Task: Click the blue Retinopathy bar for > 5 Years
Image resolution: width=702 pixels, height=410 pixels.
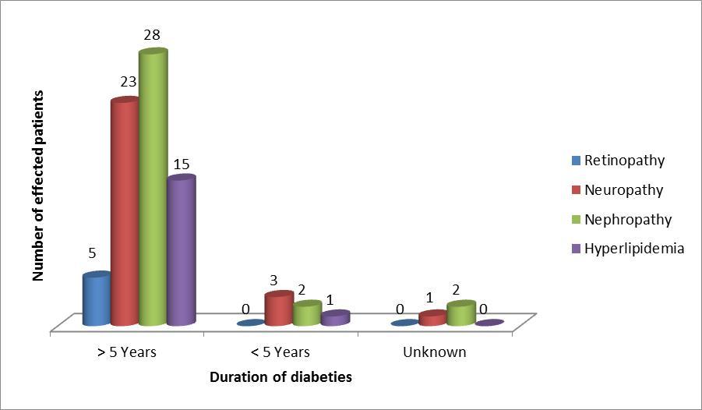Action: click(x=97, y=299)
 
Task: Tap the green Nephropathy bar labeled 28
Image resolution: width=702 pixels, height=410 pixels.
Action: click(x=153, y=187)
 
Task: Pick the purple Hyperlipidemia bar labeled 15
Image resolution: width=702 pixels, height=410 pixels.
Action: click(x=181, y=250)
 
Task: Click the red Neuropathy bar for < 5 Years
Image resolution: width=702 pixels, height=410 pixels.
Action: click(x=279, y=309)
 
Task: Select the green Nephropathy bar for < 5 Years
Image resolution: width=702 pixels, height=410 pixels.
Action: click(x=307, y=313)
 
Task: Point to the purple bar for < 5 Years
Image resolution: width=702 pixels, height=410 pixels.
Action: click(x=335, y=318)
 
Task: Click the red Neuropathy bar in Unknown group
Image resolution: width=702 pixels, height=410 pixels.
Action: click(x=432, y=318)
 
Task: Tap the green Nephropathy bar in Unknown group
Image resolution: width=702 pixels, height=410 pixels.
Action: click(x=460, y=313)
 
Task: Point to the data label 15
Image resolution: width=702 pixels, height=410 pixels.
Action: click(x=181, y=164)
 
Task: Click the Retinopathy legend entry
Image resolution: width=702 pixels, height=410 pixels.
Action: click(x=624, y=161)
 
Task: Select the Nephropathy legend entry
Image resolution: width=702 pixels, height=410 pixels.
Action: click(x=627, y=219)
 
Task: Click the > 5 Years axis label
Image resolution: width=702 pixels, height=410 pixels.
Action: click(x=127, y=352)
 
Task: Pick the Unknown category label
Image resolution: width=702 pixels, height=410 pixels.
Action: click(x=434, y=352)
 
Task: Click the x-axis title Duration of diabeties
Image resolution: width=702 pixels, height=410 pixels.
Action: click(x=280, y=377)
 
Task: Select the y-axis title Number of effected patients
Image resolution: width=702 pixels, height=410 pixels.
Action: click(x=37, y=186)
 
